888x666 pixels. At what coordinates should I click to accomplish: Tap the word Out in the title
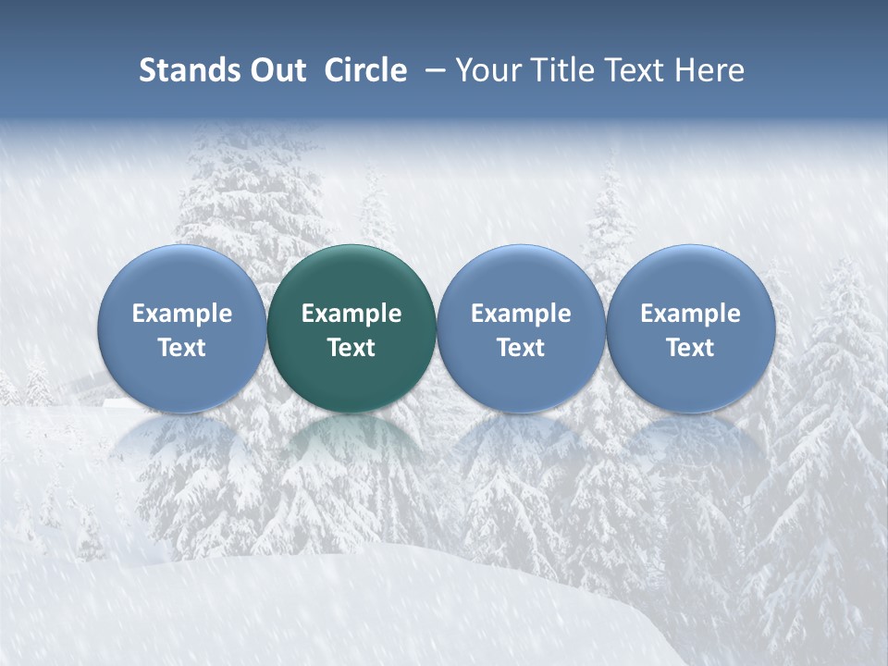click(277, 70)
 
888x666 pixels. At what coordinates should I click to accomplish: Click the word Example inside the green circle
click(351, 314)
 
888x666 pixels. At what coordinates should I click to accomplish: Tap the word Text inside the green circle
click(351, 348)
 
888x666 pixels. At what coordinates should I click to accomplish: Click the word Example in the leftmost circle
click(182, 314)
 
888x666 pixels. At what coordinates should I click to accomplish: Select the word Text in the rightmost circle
click(690, 348)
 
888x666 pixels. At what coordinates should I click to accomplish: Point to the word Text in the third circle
click(521, 348)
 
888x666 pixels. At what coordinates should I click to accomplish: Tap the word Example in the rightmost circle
click(690, 314)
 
